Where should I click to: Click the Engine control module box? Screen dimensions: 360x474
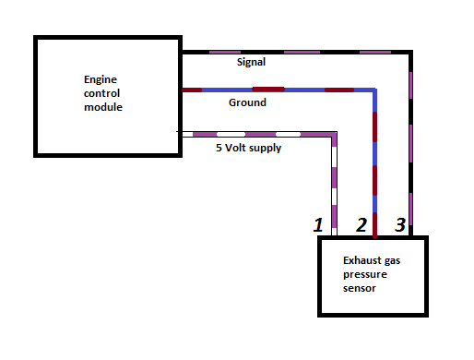107,95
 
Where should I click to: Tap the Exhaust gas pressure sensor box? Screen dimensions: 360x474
373,276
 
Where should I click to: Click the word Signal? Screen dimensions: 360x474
251,63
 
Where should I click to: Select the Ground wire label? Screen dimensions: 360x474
247,102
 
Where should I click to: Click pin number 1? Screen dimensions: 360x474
318,224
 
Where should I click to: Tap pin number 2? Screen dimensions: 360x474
361,224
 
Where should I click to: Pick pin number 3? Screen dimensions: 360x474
399,224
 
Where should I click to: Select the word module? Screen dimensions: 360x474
102,107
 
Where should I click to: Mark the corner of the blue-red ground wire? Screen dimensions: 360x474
374,90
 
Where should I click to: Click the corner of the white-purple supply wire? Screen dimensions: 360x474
335,135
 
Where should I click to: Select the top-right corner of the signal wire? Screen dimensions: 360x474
411,53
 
